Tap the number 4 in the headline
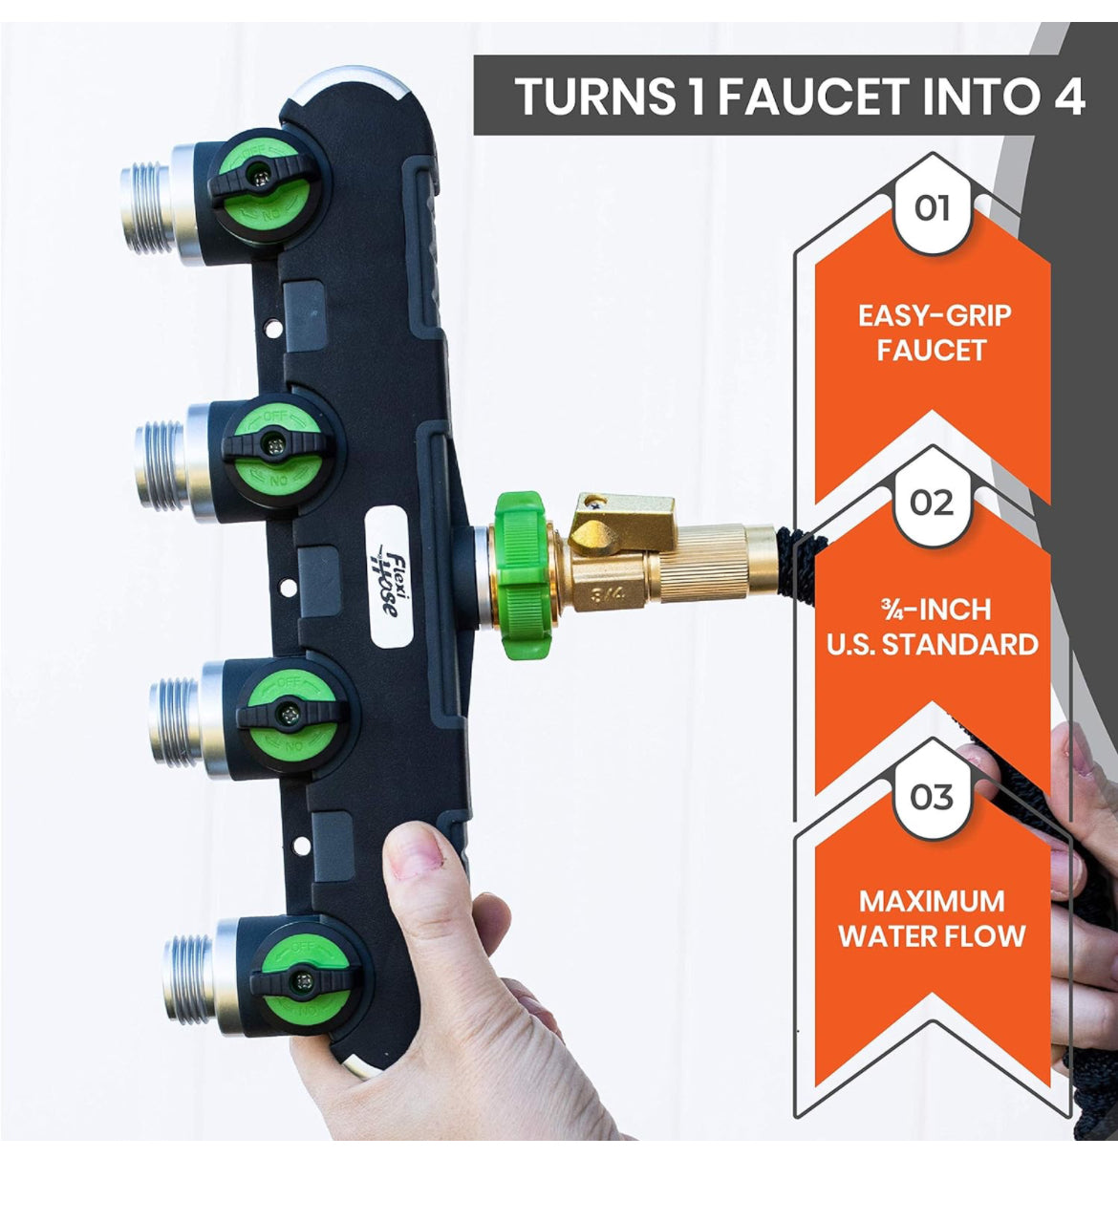[1067, 96]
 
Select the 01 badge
[932, 208]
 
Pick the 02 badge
[932, 503]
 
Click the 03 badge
[932, 797]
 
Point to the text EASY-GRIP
[934, 315]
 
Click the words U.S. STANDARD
[933, 645]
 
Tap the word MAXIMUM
[932, 902]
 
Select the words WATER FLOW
[933, 936]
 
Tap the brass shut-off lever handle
[621, 520]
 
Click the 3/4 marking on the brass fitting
[607, 593]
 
